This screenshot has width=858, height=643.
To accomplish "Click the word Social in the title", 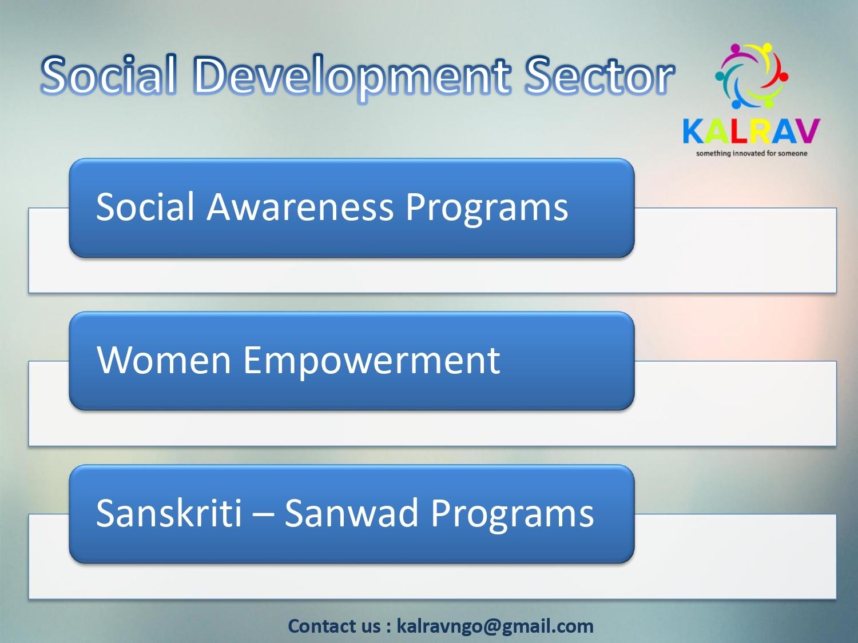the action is coord(108,75).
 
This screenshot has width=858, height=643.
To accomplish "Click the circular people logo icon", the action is coord(751,76).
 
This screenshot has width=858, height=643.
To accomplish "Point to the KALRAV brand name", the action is coord(751,131).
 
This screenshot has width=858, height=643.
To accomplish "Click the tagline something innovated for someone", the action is coord(751,153).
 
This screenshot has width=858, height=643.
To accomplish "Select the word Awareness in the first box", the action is coord(300,206).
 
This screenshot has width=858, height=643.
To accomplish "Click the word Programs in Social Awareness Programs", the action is coord(487,209).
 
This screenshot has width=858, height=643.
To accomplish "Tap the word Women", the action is coord(164,360).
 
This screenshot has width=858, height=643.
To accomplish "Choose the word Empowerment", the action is coord(371,362).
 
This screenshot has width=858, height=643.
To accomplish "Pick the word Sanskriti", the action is coord(169,513).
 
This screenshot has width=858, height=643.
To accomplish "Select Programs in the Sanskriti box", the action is coord(513,516).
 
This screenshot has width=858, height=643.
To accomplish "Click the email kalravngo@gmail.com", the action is coord(495,626).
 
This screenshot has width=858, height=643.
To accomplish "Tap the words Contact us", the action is coord(334,626).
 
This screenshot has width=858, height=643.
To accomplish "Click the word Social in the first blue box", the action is coord(145,206).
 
